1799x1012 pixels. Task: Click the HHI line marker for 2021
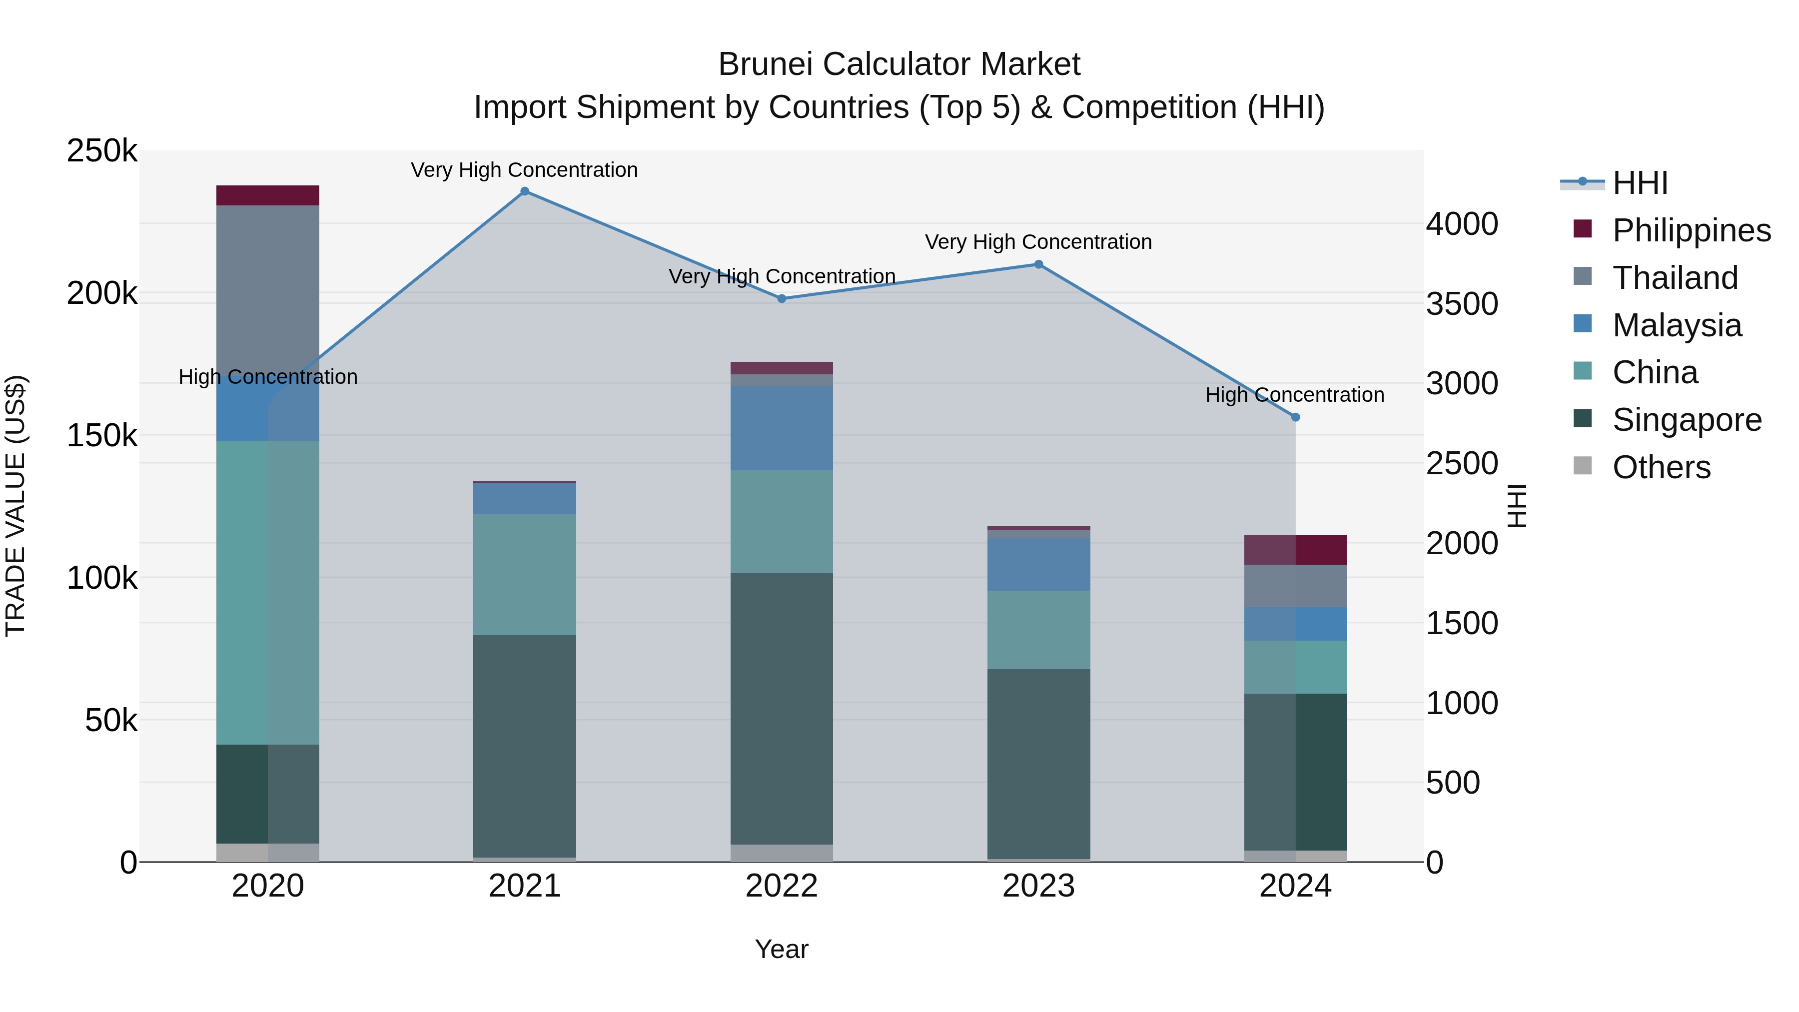[525, 191]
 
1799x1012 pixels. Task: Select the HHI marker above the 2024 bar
[1295, 417]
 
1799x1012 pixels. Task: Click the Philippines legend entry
[1691, 230]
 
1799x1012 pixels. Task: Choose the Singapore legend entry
[1686, 420]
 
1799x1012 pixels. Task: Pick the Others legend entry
[1661, 467]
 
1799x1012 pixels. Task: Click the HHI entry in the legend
[1639, 183]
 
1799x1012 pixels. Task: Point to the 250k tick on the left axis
[102, 151]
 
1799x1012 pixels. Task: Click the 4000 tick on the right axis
[1462, 224]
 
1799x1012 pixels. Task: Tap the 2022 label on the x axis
[782, 886]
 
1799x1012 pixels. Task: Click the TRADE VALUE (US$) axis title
[15, 506]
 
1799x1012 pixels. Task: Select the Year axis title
[782, 949]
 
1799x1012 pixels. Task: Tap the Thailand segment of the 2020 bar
[267, 293]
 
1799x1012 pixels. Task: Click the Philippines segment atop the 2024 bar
[1295, 550]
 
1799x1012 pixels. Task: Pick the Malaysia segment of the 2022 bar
[782, 427]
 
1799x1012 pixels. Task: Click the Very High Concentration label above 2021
[525, 170]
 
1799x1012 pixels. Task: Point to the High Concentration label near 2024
[1294, 395]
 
